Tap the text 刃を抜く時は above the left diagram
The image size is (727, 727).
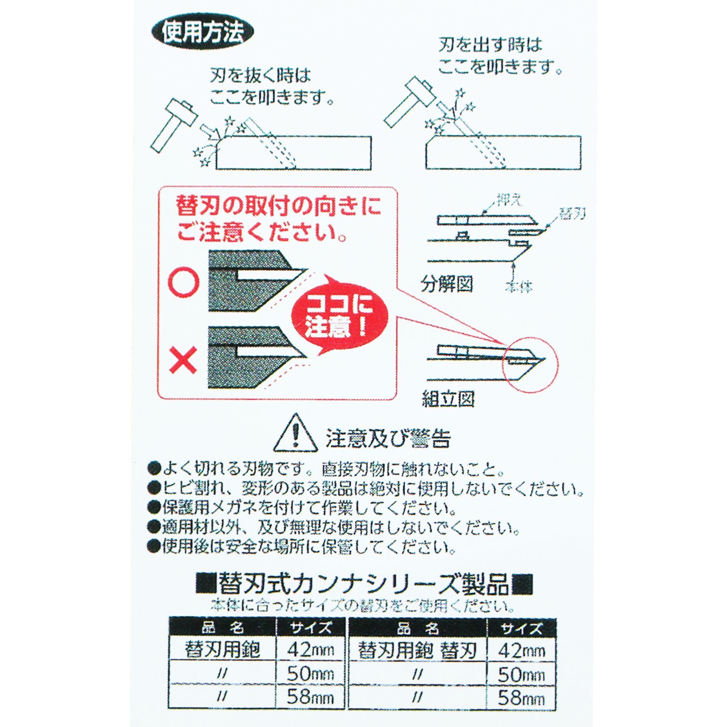tap(260, 77)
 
